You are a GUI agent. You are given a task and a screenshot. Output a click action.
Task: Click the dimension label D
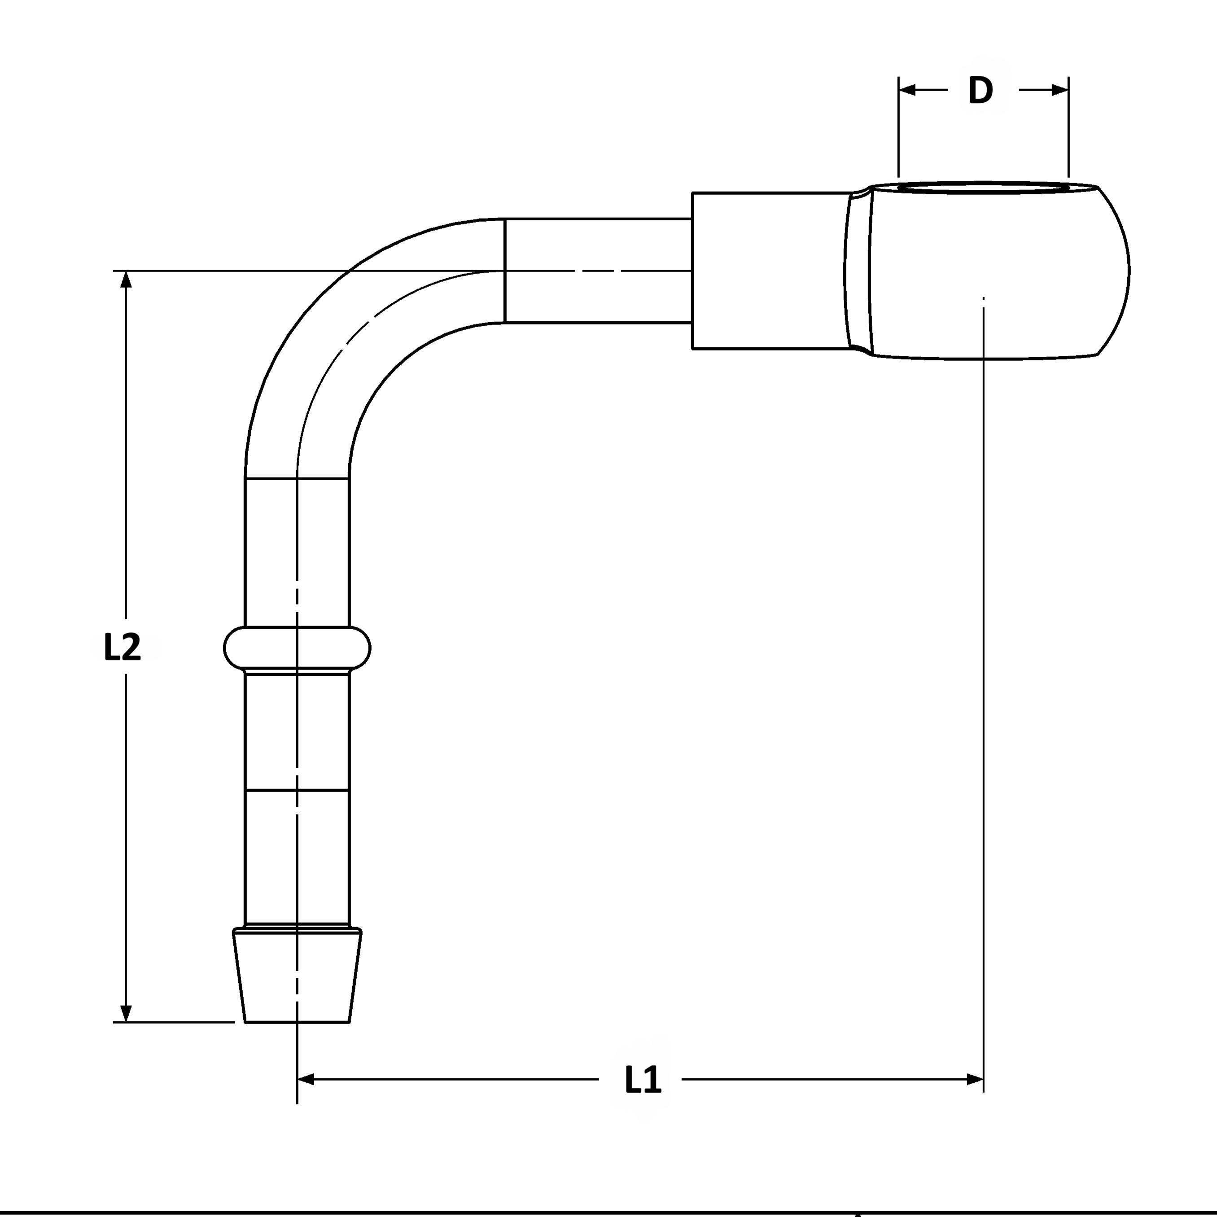coord(981,90)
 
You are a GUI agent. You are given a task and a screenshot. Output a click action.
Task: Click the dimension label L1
coord(643,1080)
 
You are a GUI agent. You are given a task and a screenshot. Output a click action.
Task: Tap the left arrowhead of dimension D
coord(907,90)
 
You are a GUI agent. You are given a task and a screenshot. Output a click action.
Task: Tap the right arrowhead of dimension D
coord(1059,90)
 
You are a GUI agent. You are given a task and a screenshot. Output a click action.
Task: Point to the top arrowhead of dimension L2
coord(126,280)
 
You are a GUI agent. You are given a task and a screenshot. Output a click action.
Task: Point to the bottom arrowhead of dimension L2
coord(126,1013)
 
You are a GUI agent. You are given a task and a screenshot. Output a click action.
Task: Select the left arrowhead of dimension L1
coord(306,1080)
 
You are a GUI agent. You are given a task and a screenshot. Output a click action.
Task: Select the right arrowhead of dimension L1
coord(975,1080)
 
